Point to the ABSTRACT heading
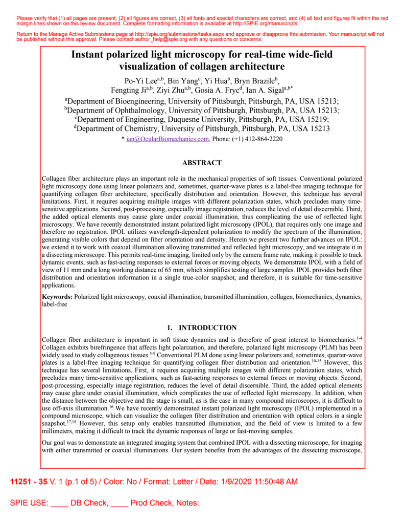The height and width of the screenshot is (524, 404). click(x=202, y=163)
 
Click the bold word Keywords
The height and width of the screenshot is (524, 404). click(x=57, y=296)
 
